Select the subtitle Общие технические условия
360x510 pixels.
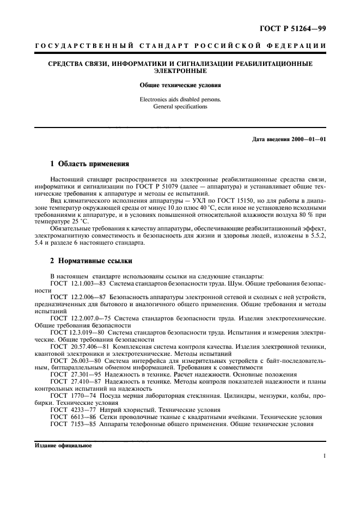coord(180,86)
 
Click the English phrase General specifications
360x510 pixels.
coord(180,107)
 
